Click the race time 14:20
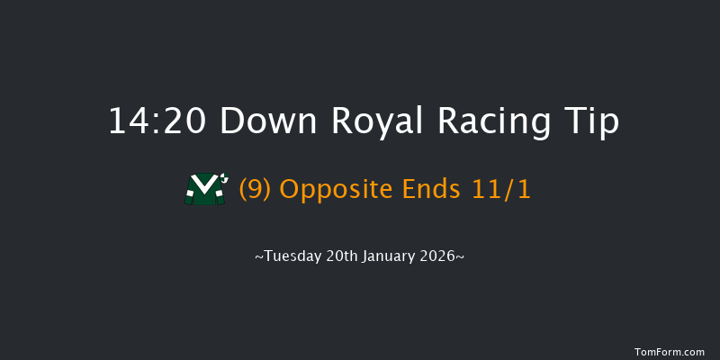[x=157, y=121]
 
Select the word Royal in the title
[x=372, y=121]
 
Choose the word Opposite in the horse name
[x=333, y=189]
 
